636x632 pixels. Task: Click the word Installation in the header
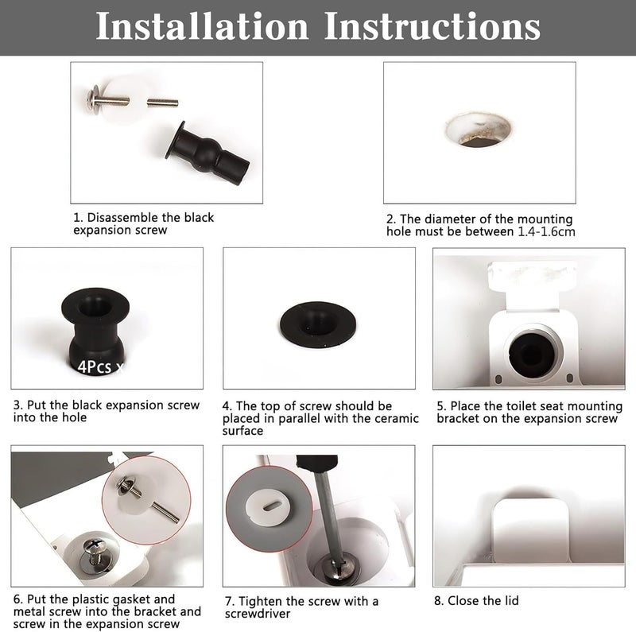coord(202,26)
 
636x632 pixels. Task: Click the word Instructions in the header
coord(432,26)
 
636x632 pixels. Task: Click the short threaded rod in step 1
coord(162,103)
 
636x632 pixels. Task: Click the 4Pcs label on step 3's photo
coord(94,366)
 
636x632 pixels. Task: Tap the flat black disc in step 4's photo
coord(318,324)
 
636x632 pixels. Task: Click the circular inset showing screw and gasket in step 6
coord(146,500)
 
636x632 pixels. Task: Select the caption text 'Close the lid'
coord(483,600)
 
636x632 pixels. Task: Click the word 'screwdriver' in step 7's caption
coord(258,614)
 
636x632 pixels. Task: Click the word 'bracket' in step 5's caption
coord(458,418)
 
